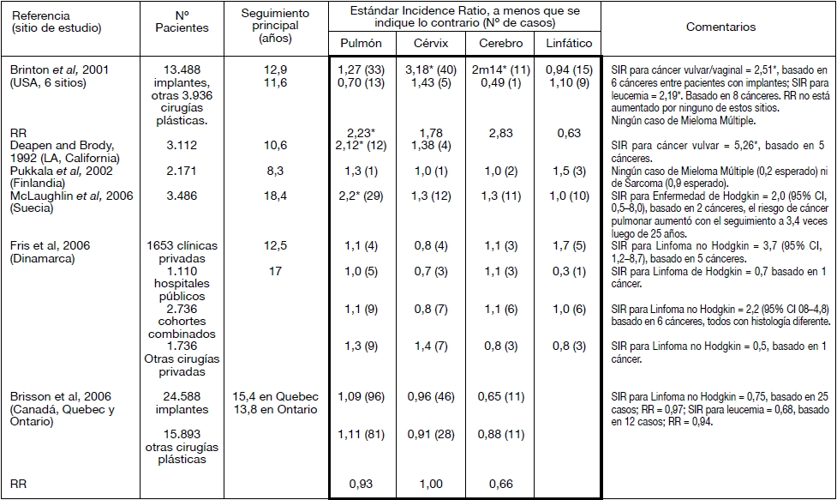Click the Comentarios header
[720, 27]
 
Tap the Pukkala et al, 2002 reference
[46, 171]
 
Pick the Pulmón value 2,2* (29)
[362, 196]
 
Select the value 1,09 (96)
[362, 396]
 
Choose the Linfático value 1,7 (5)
[566, 245]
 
